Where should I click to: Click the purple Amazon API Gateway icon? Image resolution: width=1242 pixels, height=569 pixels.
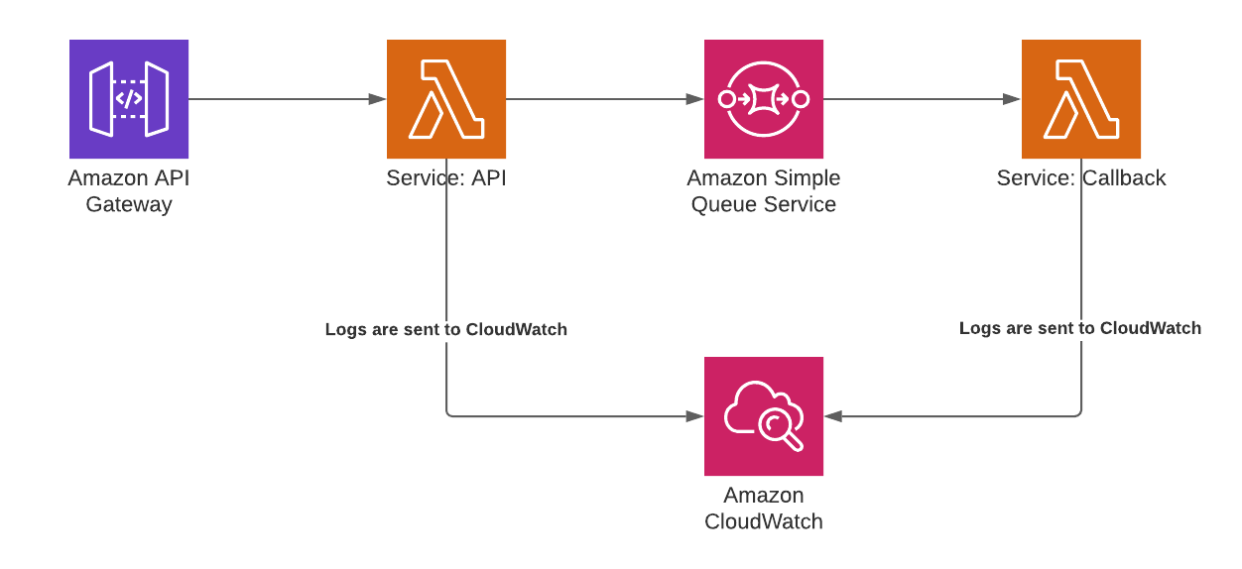tap(129, 99)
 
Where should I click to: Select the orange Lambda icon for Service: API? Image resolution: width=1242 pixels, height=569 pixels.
tap(446, 99)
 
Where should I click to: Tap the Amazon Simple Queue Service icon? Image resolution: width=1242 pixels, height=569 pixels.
tap(764, 99)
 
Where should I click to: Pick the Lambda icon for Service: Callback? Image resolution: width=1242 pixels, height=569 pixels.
tap(1081, 99)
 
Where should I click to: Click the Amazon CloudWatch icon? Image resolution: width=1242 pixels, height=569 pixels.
tap(764, 416)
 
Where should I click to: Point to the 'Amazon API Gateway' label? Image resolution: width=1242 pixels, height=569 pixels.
tap(129, 191)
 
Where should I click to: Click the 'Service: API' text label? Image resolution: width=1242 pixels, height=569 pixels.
tap(446, 178)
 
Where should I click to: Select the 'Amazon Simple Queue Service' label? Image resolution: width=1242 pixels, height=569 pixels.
tap(764, 191)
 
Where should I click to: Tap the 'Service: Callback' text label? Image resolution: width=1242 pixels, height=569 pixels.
tap(1081, 178)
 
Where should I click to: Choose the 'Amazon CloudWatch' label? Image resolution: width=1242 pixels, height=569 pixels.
tap(764, 509)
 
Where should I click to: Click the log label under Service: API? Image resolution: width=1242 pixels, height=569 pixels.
tap(446, 329)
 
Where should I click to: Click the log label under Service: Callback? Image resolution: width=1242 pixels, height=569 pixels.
tap(1080, 328)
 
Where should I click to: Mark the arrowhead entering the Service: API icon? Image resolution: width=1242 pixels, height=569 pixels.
tap(378, 99)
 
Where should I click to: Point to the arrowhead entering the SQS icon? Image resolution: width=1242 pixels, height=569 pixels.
tap(694, 99)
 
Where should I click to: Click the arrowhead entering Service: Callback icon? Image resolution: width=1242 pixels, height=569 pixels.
tap(1013, 99)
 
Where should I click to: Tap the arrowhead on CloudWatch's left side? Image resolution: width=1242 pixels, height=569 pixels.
tap(694, 416)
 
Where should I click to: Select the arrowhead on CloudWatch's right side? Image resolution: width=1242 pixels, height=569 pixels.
tap(833, 416)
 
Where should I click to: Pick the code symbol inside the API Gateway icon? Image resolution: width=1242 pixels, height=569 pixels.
tap(129, 99)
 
